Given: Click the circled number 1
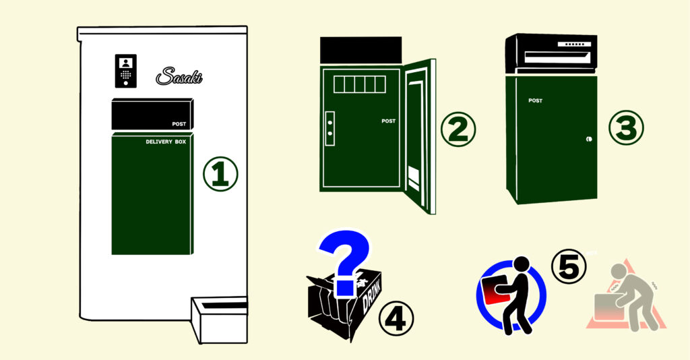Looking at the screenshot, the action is click(x=220, y=174).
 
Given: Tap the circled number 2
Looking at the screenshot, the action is click(x=458, y=129).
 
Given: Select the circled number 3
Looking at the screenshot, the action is click(x=626, y=127).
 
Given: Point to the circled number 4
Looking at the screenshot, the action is click(x=396, y=318).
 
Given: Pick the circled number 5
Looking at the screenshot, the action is click(x=569, y=266).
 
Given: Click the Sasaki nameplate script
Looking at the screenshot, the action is click(x=179, y=76).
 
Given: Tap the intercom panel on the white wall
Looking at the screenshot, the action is click(x=126, y=71).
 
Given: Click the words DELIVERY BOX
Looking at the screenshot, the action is click(x=166, y=142).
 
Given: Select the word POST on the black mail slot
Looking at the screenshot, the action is click(x=179, y=124).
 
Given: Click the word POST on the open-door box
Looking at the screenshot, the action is click(x=389, y=121).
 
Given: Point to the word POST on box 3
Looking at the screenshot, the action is click(x=536, y=100).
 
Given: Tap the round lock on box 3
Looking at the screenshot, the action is click(x=589, y=139).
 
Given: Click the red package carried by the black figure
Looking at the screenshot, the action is click(x=497, y=290).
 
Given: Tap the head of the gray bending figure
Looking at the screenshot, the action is click(x=619, y=271).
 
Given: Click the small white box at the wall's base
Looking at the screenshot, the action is click(x=219, y=320).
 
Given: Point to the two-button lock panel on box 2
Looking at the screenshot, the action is click(x=330, y=129).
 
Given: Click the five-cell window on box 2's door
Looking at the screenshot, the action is click(x=360, y=84).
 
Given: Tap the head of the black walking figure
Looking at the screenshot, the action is click(x=522, y=264).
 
